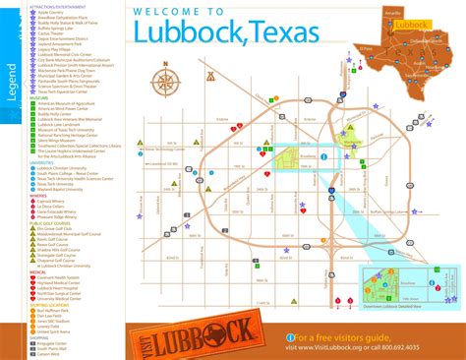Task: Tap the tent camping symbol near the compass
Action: (208, 74)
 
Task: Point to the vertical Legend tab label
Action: (13, 78)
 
